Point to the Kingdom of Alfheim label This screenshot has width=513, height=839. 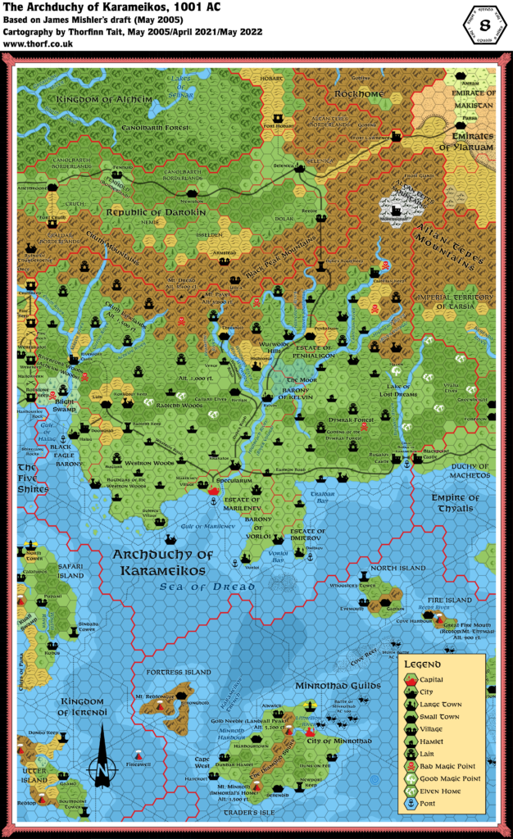pos(93,100)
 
